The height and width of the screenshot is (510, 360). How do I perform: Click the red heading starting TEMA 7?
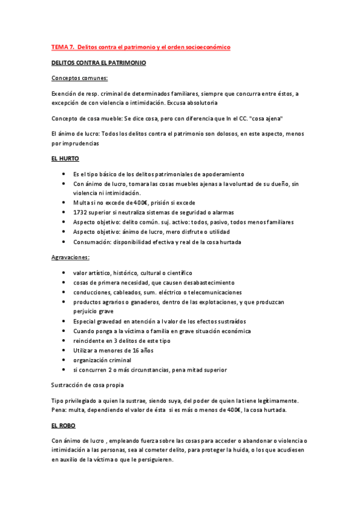pyautogui.click(x=141, y=47)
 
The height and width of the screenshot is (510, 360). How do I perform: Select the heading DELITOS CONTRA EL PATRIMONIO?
pyautogui.click(x=99, y=63)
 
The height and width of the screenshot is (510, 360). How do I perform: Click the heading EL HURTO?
pyautogui.click(x=66, y=159)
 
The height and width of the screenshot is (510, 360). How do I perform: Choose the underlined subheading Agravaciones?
pyautogui.click(x=71, y=257)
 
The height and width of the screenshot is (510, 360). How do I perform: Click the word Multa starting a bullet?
pyautogui.click(x=82, y=203)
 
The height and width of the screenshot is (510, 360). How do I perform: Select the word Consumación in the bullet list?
pyautogui.click(x=93, y=242)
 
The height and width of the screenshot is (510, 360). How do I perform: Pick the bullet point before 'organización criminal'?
pyautogui.click(x=64, y=360)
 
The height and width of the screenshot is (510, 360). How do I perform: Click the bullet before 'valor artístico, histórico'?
pyautogui.click(x=64, y=273)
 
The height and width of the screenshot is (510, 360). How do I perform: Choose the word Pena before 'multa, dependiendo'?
pyautogui.click(x=59, y=410)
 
